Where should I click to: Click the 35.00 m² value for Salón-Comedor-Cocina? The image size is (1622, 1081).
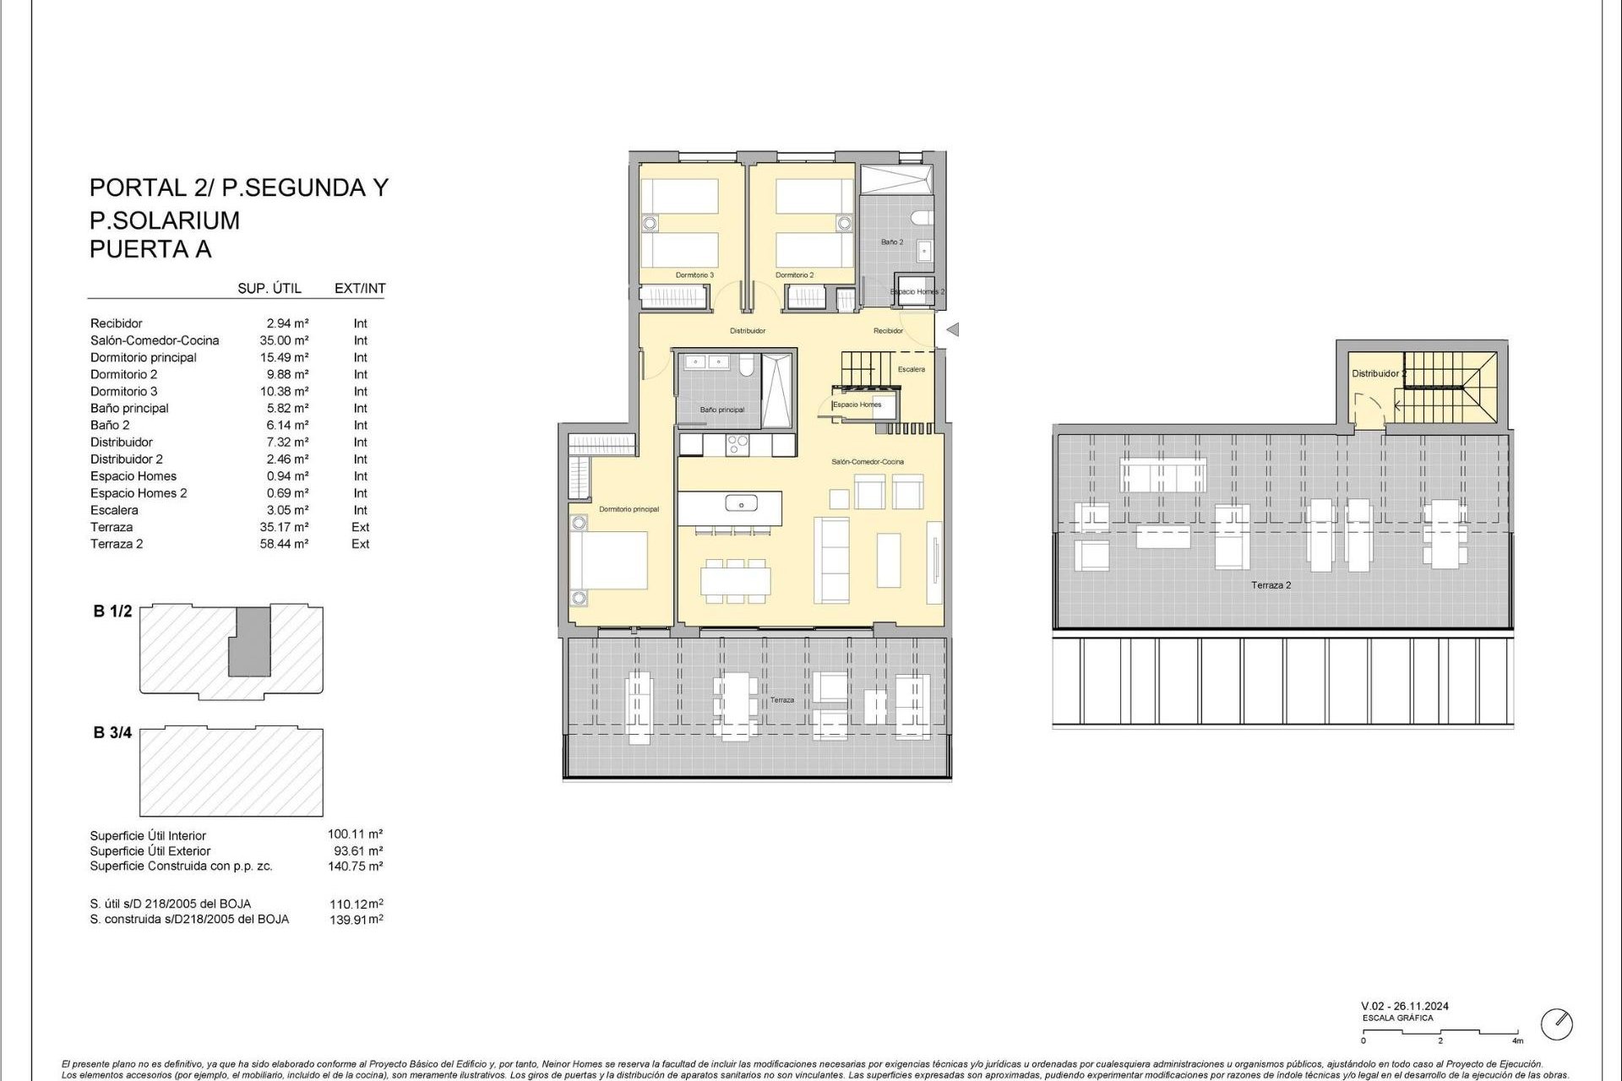click(284, 340)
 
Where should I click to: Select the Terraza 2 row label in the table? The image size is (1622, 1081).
click(117, 544)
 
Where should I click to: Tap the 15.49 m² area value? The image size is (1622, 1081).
click(284, 357)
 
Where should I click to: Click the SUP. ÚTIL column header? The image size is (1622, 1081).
click(269, 288)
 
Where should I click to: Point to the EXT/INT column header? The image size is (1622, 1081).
click(360, 288)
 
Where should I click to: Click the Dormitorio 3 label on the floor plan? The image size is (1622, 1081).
click(694, 275)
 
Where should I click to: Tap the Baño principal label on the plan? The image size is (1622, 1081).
click(722, 410)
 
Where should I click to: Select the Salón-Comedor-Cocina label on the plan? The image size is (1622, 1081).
click(868, 462)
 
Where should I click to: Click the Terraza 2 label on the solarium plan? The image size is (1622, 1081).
click(1271, 585)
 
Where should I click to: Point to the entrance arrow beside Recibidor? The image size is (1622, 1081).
click(953, 329)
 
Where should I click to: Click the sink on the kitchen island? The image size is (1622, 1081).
click(741, 505)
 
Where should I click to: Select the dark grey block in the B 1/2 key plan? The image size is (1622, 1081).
click(250, 641)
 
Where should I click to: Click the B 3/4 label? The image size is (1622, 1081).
click(112, 732)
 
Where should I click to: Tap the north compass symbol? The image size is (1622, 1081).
click(1556, 1024)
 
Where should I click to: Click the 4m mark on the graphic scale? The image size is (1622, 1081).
click(1517, 1040)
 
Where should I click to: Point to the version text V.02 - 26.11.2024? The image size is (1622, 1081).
click(1404, 1006)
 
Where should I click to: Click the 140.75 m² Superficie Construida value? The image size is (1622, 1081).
click(355, 866)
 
